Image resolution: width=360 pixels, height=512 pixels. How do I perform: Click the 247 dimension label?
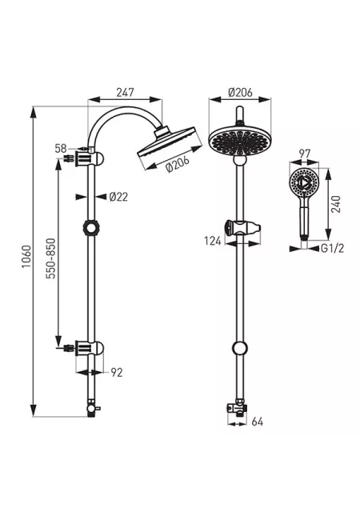[125, 93]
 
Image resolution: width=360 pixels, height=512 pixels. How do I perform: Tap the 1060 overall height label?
[26, 257]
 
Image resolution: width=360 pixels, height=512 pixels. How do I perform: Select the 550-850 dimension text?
[50, 258]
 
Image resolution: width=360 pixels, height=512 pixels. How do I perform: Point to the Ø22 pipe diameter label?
[118, 197]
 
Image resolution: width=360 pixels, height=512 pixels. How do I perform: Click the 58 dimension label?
[61, 149]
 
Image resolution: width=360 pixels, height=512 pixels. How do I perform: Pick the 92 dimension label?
[116, 373]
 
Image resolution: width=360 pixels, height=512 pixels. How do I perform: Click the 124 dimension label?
[213, 242]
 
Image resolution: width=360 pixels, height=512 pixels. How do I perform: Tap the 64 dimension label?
[257, 422]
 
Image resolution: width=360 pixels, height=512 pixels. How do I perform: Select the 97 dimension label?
[305, 154]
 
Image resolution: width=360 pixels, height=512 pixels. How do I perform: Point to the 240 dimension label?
[336, 204]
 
